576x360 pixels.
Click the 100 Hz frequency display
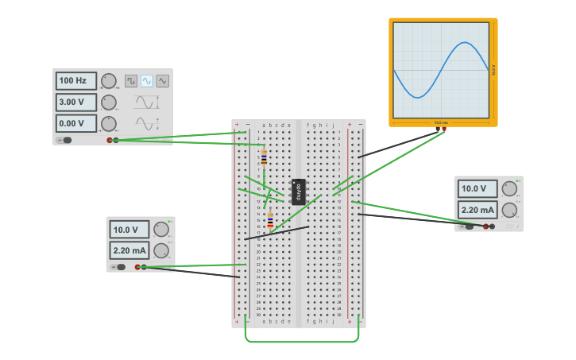(76, 81)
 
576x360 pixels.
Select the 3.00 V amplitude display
(76, 102)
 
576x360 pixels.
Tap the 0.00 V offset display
(76, 123)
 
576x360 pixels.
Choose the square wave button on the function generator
(131, 81)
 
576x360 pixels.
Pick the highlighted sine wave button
(147, 81)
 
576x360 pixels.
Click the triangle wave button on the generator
(162, 81)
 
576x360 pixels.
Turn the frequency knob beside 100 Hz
(109, 81)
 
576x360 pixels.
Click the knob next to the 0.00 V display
(109, 123)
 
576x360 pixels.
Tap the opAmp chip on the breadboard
(299, 192)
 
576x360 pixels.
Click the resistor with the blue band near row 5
(264, 158)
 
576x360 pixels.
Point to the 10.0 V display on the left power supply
(130, 230)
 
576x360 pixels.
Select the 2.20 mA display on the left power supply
(130, 250)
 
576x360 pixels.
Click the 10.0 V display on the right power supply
(477, 188)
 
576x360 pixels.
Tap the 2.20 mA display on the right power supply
(477, 210)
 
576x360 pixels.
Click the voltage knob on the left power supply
(161, 230)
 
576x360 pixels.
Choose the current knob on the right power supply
(509, 210)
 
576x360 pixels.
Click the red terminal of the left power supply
(137, 267)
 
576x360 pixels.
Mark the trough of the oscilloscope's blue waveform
(418, 97)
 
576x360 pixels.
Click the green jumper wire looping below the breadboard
(302, 342)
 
